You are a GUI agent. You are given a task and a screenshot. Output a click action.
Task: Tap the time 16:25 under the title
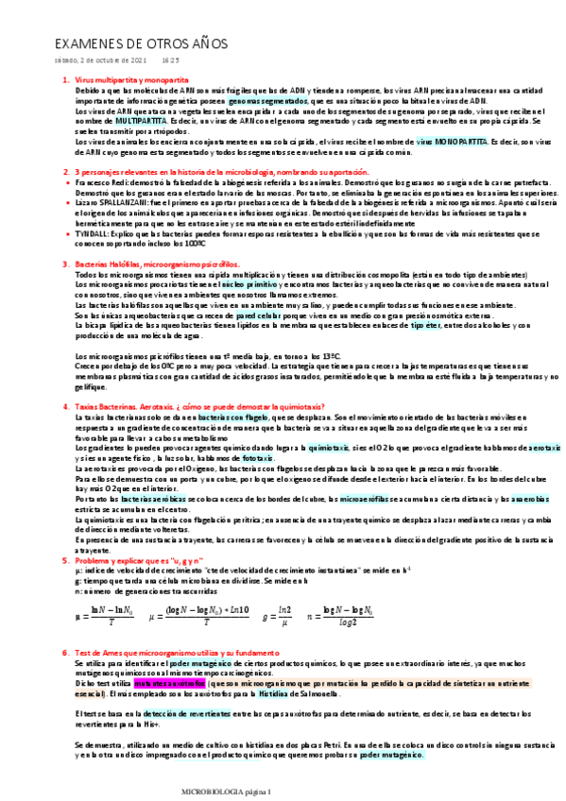[171, 60]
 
